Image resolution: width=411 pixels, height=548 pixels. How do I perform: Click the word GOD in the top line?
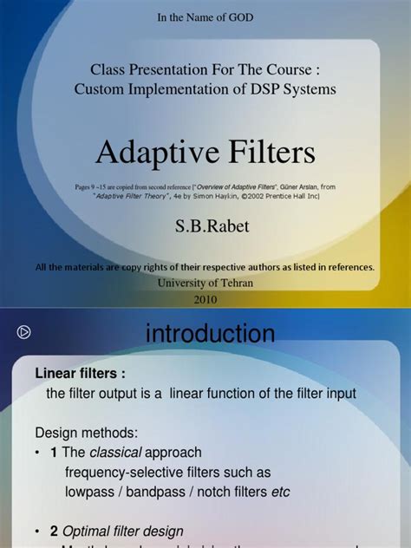238,16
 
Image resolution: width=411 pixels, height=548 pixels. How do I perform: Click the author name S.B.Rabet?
205,227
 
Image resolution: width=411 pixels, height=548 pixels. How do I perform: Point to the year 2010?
205,299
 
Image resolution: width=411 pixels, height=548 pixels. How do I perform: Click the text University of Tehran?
205,284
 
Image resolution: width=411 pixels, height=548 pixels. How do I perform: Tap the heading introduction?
210,333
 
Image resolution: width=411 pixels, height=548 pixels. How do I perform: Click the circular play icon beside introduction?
24,331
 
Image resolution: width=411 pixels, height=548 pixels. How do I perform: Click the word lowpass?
93,493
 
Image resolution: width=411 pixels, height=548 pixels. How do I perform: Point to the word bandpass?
166,493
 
